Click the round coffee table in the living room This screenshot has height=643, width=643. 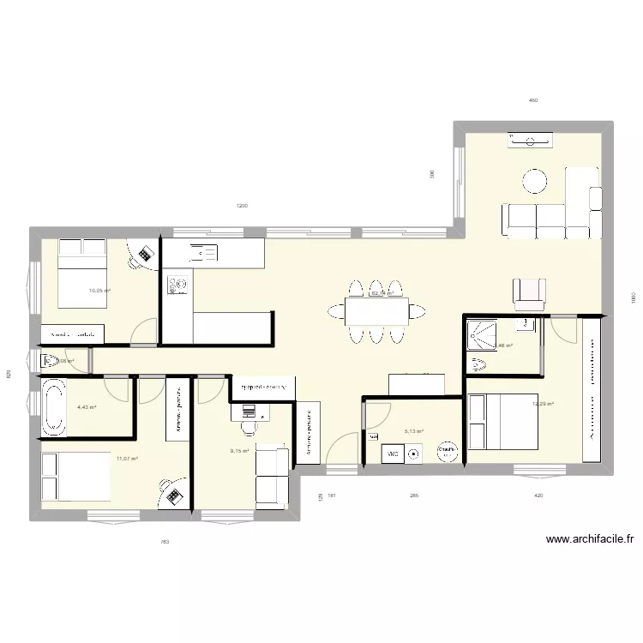click(535, 180)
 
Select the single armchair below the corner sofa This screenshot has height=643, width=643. click(529, 294)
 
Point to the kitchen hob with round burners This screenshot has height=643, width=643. click(178, 283)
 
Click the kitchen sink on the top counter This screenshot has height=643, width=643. click(203, 252)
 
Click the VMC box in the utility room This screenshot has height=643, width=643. click(394, 454)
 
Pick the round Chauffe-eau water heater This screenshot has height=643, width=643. click(447, 450)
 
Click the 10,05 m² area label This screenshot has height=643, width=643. click(100, 291)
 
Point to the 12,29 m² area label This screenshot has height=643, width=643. click(543, 405)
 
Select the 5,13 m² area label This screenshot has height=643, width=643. click(414, 431)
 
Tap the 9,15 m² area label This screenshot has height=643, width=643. click(239, 451)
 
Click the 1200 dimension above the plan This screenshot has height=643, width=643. click(242, 206)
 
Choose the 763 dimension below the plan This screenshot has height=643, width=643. click(165, 542)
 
